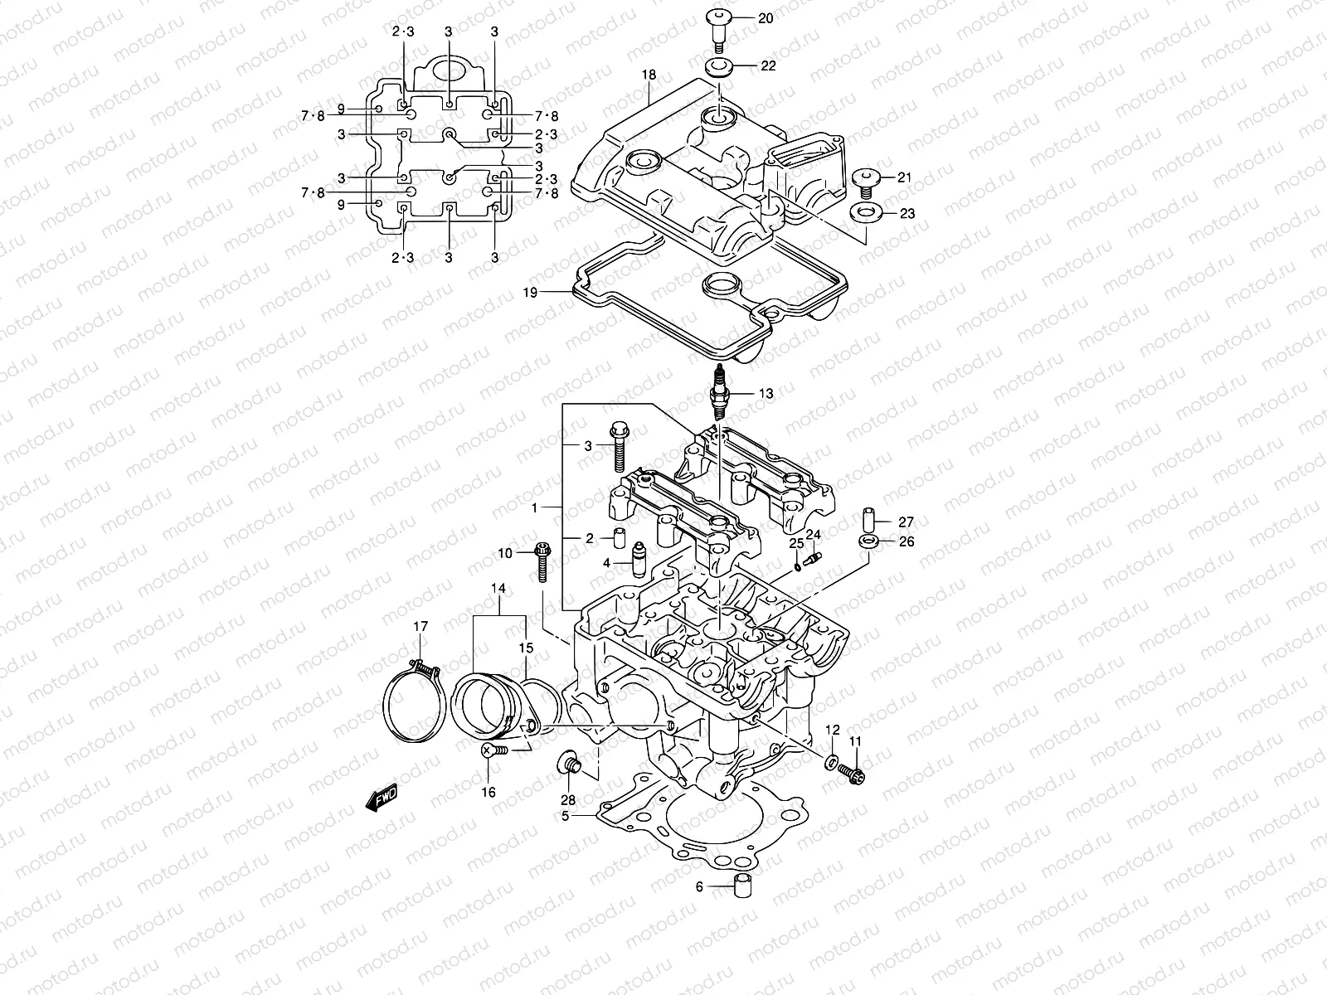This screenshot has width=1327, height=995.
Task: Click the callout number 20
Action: pyautogui.click(x=766, y=18)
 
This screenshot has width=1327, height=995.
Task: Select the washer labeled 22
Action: pyautogui.click(x=718, y=66)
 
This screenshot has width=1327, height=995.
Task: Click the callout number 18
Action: pyautogui.click(x=649, y=75)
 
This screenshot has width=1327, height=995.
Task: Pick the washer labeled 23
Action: pyautogui.click(x=865, y=214)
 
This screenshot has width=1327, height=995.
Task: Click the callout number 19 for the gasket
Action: pyautogui.click(x=530, y=293)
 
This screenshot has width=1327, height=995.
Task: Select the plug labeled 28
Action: pyautogui.click(x=569, y=761)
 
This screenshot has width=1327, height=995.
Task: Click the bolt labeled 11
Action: pyautogui.click(x=853, y=772)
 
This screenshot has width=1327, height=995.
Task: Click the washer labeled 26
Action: pyautogui.click(x=868, y=541)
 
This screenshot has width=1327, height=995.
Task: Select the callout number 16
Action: pyautogui.click(x=489, y=793)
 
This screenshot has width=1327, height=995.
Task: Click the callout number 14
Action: pyautogui.click(x=498, y=589)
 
